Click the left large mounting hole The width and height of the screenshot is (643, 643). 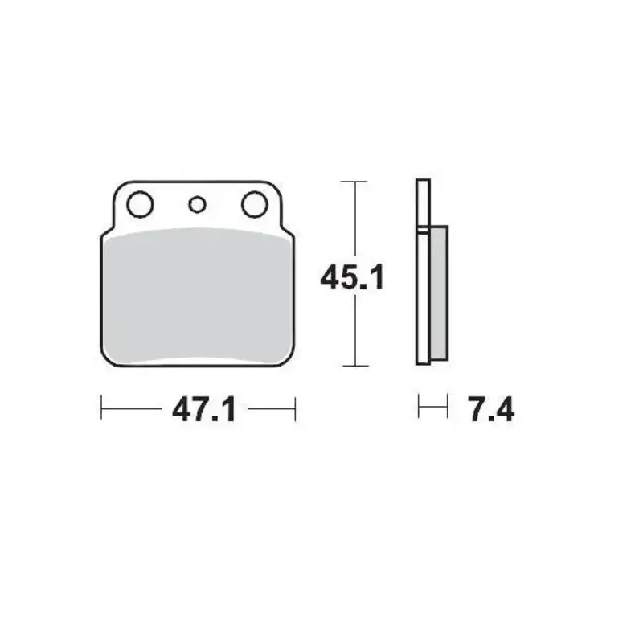140,204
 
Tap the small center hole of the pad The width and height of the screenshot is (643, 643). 197,204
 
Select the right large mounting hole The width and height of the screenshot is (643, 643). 254,204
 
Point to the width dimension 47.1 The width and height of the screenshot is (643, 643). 203,411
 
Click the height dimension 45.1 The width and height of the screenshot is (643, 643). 353,278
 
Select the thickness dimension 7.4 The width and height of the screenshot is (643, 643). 490,411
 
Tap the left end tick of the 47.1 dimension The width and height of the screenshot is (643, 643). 101,408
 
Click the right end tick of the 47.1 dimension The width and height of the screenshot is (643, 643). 296,408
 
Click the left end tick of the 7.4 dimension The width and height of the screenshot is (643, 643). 419,407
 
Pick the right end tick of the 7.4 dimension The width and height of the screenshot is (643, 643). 447,407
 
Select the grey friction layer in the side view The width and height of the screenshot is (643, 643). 439,294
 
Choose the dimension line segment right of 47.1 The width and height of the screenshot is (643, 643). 272,408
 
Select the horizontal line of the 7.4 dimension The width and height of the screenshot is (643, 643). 432,408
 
